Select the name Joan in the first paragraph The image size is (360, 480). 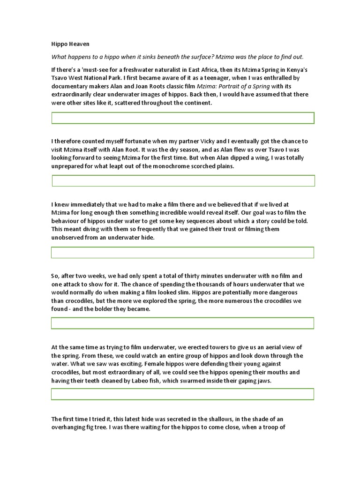pos(124,87)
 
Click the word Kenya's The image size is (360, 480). pos(294,70)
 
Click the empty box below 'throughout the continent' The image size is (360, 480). pos(182,118)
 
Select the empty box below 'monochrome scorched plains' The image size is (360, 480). pos(183,181)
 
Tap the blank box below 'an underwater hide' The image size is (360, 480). pos(182,253)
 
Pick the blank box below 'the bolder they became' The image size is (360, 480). pos(182,323)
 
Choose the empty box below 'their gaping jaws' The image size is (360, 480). pos(182,394)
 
